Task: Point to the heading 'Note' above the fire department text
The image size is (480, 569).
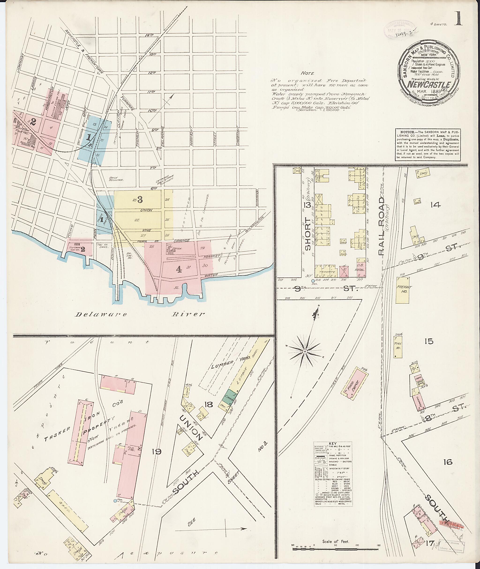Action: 307,73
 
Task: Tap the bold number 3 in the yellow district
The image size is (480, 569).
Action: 140,200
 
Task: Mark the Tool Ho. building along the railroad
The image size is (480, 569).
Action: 397,346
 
